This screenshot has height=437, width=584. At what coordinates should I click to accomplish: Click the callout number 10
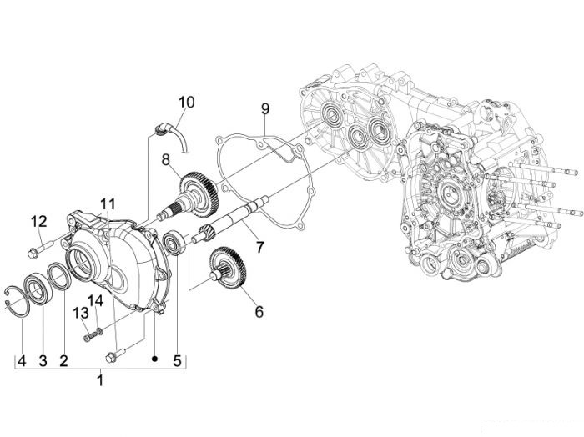(x=186, y=102)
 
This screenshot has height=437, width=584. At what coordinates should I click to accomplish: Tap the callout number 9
(x=264, y=109)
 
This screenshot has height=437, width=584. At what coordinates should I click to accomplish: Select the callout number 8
(x=166, y=159)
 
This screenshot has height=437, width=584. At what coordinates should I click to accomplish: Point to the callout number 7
(x=259, y=246)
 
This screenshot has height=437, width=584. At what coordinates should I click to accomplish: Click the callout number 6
(x=259, y=312)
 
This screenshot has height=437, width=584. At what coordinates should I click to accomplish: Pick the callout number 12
(x=38, y=222)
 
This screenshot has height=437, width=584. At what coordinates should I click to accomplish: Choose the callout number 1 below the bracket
(x=100, y=380)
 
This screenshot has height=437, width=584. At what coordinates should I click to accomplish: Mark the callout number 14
(x=95, y=301)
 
